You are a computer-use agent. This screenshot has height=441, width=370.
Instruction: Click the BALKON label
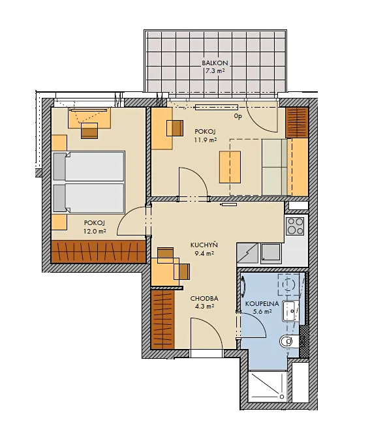(x=215, y=63)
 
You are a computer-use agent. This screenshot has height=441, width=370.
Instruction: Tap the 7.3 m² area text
(x=215, y=71)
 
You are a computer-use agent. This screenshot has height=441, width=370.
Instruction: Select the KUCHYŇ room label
(x=204, y=245)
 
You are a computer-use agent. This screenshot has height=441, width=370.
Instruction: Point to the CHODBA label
(x=204, y=299)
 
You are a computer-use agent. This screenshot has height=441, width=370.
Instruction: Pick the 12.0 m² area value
(x=95, y=231)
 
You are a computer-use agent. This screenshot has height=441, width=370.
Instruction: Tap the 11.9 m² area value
(x=206, y=140)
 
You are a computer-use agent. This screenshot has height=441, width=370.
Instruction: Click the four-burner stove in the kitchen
(x=295, y=226)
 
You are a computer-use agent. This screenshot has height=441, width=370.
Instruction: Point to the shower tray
(x=268, y=386)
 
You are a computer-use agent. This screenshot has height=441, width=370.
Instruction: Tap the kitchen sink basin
(x=271, y=253)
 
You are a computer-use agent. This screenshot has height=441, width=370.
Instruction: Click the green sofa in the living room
(x=275, y=167)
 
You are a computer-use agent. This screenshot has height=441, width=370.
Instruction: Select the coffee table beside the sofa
(x=230, y=167)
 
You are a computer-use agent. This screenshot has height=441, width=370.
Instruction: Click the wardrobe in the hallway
(x=162, y=319)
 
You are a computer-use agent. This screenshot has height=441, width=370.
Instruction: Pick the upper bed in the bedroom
(x=89, y=166)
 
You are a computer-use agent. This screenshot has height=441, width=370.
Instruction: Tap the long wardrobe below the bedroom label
(x=99, y=251)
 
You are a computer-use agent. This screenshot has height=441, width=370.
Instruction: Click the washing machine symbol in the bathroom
(x=289, y=284)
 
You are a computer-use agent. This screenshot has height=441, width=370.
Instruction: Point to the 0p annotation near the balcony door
(x=238, y=116)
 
